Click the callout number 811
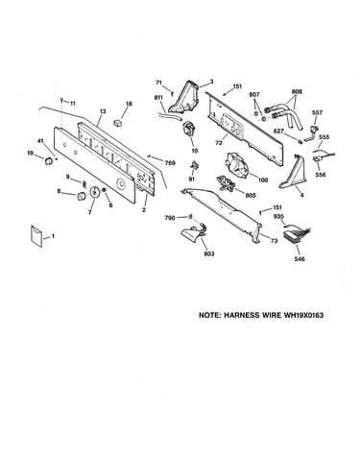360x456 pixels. coord(158,97)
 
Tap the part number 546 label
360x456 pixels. coord(300,259)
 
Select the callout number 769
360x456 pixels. coord(170,163)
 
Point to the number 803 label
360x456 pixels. coord(209,253)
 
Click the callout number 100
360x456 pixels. coord(263,180)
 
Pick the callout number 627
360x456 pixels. coord(278,131)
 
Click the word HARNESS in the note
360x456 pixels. coord(242,315)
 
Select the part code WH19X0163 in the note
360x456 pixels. coord(303,315)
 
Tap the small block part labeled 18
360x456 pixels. coord(118,123)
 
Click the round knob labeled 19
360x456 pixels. coord(48,161)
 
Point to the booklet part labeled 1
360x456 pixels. coord(36,236)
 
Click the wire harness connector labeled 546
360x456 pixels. coord(295,235)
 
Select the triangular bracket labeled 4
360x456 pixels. coord(293,172)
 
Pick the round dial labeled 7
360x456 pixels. coord(94,192)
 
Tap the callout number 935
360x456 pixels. coord(279,217)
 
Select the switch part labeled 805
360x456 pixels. coord(228,184)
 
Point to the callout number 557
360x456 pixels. coord(318,112)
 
